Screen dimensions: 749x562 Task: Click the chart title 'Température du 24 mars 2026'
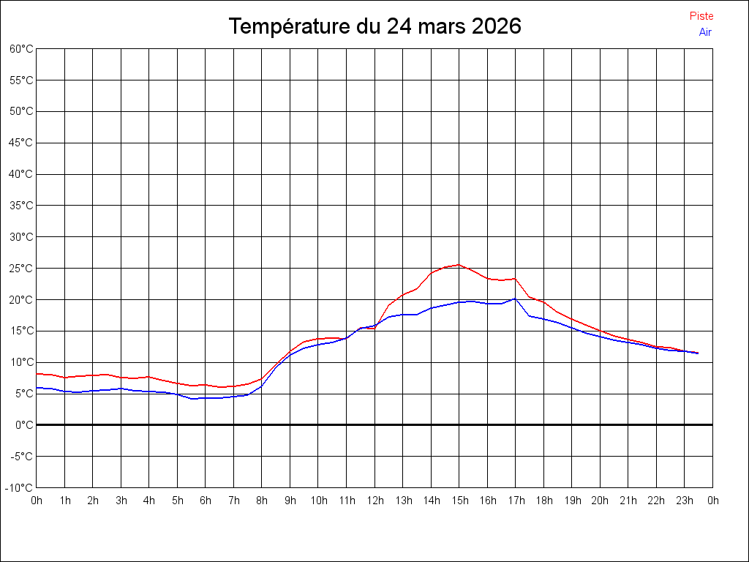click(374, 26)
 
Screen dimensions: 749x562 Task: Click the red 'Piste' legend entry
click(701, 16)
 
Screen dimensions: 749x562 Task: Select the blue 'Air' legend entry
click(705, 32)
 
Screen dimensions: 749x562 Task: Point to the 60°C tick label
click(21, 49)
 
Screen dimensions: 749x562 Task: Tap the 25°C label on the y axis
click(21, 269)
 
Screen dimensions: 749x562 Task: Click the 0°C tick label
click(24, 425)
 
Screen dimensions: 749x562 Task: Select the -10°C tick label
click(19, 488)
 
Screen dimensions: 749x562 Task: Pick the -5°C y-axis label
click(22, 457)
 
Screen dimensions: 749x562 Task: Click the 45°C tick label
click(21, 143)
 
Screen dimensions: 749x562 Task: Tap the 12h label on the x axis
click(375, 501)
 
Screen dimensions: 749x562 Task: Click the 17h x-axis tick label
click(516, 501)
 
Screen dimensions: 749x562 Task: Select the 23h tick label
click(685, 501)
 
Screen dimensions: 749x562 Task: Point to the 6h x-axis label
click(206, 501)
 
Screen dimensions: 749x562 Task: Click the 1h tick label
click(65, 501)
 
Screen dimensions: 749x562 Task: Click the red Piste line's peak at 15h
click(459, 264)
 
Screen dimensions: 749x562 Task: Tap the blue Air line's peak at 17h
click(515, 299)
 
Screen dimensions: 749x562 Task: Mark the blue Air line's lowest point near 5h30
click(192, 399)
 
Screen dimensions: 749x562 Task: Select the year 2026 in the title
click(497, 26)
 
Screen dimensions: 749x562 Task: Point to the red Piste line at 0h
click(37, 374)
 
